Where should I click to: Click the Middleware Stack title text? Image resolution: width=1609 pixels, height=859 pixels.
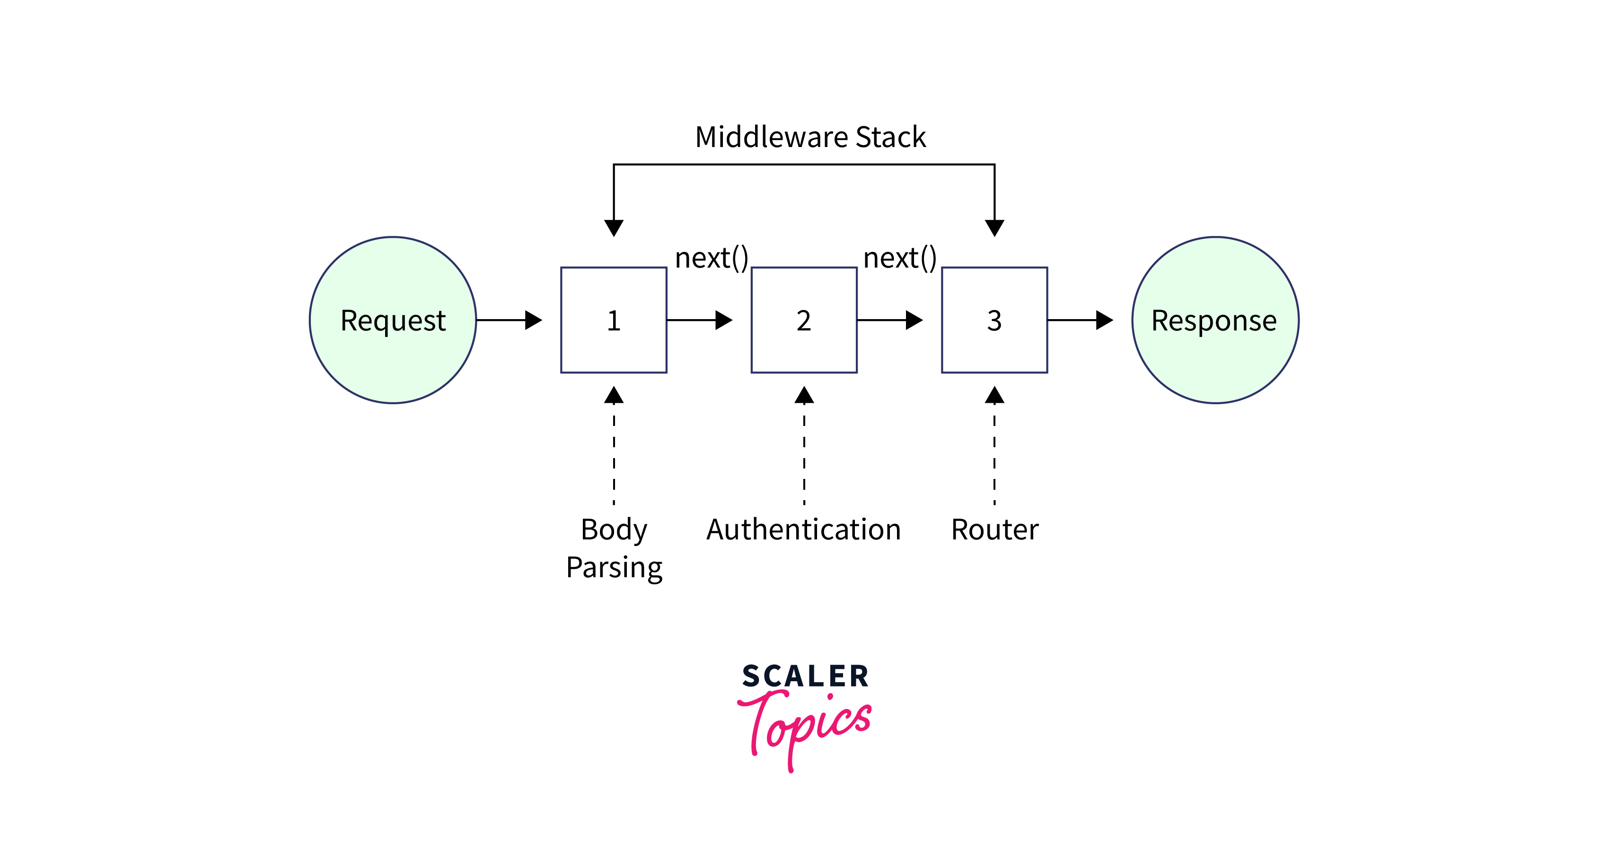(810, 137)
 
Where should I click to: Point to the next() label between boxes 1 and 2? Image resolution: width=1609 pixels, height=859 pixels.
(712, 258)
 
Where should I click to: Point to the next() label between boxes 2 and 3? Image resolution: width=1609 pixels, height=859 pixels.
(899, 258)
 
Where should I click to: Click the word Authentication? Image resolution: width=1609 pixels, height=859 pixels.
(804, 529)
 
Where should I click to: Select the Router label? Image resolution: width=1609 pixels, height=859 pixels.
(994, 529)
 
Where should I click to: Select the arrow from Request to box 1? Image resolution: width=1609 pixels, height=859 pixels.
(509, 320)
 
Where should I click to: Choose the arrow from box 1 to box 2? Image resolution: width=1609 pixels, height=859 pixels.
(700, 320)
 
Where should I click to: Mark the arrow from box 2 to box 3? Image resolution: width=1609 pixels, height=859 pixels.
(890, 320)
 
